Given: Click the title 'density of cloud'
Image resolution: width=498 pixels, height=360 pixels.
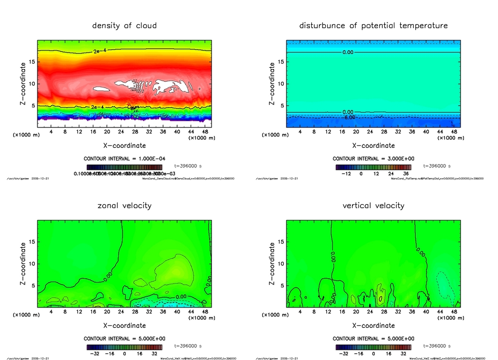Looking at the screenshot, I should [124, 25].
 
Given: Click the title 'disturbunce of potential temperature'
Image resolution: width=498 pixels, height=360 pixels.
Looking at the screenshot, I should [373, 25].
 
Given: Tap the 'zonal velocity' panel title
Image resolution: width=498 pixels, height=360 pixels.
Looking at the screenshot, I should [124, 206].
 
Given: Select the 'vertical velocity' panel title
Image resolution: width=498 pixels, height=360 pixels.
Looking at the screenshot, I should [373, 206].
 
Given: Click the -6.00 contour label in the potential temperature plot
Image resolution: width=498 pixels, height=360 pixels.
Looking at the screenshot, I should [350, 117].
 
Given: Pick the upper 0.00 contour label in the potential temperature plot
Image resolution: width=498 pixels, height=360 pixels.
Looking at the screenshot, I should [348, 52].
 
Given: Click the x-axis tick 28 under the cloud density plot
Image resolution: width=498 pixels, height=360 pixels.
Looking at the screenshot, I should [135, 132].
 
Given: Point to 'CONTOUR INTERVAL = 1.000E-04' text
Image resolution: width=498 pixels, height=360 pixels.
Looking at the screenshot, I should [124, 159].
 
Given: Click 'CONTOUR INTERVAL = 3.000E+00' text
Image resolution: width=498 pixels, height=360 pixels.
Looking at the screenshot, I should [373, 159].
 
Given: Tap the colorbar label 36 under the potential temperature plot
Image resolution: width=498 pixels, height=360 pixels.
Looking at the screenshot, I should [405, 173].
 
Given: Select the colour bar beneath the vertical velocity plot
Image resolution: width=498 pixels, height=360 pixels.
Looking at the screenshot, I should [373, 347].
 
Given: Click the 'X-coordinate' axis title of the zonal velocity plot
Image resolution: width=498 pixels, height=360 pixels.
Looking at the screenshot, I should [124, 325].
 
